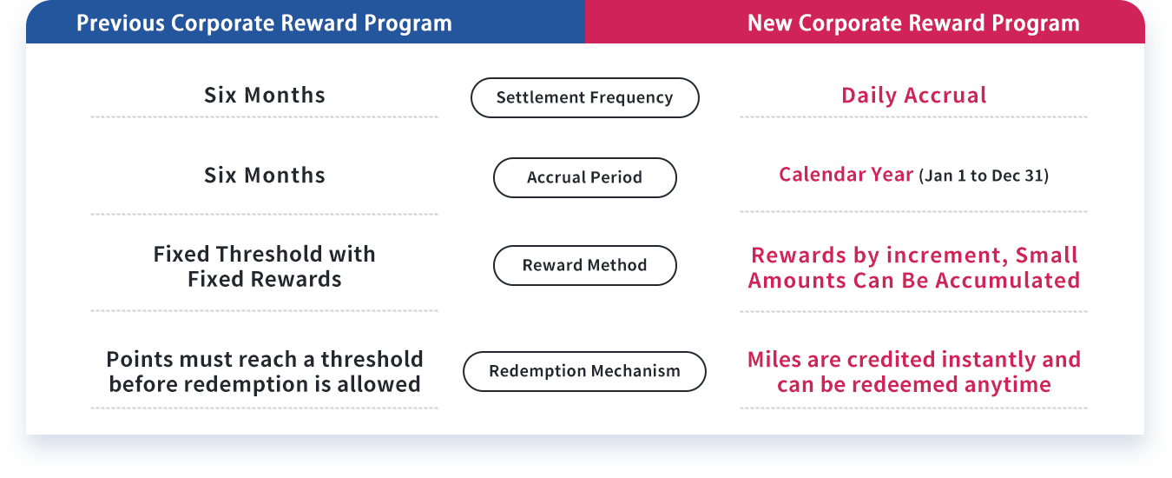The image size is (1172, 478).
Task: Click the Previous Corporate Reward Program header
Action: click(264, 23)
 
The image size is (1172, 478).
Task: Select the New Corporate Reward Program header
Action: click(913, 23)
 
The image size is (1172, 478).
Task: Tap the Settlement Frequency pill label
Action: click(584, 97)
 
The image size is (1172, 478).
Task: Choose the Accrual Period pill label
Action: click(584, 177)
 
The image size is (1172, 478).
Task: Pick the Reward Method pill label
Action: click(584, 265)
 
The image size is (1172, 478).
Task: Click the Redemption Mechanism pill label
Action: click(584, 371)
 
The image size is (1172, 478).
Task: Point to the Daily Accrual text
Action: click(914, 96)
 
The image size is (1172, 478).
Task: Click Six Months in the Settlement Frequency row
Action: click(265, 96)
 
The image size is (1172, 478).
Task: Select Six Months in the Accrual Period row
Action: click(265, 176)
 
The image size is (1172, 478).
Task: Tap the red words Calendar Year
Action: click(846, 175)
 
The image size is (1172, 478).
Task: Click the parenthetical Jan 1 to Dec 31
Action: click(984, 176)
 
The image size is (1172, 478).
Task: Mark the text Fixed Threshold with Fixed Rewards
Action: click(265, 267)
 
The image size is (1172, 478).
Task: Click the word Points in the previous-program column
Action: click(142, 360)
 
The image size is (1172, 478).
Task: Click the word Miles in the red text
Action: click(774, 360)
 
